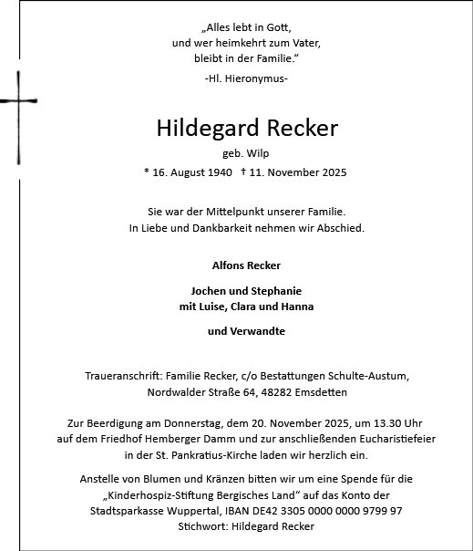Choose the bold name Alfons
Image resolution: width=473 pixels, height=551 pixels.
point(227,265)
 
